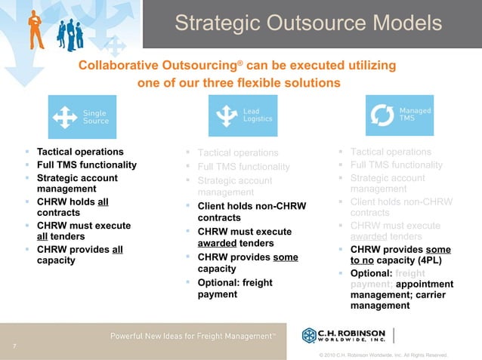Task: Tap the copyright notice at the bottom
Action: click(383, 354)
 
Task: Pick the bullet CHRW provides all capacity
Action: click(80, 255)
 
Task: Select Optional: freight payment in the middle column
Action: click(234, 288)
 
